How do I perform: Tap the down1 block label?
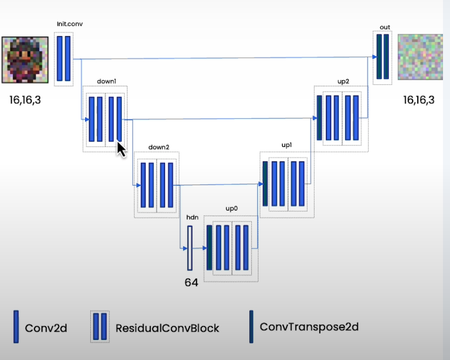106,81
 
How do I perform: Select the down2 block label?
159,147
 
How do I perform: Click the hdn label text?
192,217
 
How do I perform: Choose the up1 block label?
286,144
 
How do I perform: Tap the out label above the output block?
385,27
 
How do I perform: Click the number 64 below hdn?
191,282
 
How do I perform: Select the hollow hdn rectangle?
190,248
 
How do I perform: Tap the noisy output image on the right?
420,57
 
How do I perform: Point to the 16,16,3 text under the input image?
25,100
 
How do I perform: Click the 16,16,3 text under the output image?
419,100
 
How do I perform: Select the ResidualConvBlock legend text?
168,328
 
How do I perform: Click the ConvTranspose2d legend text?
309,326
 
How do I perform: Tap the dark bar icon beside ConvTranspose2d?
251,326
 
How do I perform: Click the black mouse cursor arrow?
121,149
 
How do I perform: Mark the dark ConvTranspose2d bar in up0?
210,248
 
